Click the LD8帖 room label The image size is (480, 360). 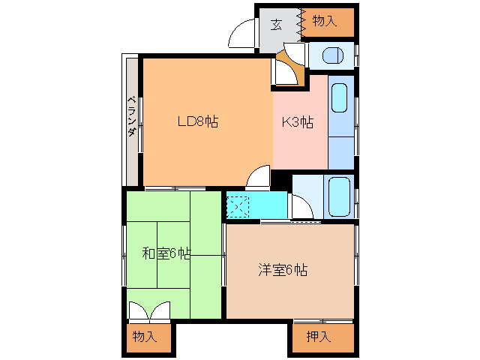click(198, 121)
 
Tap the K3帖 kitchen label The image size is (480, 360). click(298, 122)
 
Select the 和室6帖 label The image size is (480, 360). click(166, 253)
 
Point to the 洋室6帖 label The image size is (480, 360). click(283, 270)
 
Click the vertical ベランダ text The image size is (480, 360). click(132, 116)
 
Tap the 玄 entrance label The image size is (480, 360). click(276, 25)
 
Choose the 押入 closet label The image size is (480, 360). click(319, 337)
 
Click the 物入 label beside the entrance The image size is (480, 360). click(325, 21)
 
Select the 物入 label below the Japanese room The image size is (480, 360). click(145, 337)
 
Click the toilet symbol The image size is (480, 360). click(333, 55)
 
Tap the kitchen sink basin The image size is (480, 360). click(340, 97)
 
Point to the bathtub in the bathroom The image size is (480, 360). click(339, 197)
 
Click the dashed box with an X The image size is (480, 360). click(238, 207)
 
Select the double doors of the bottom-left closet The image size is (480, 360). click(149, 311)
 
